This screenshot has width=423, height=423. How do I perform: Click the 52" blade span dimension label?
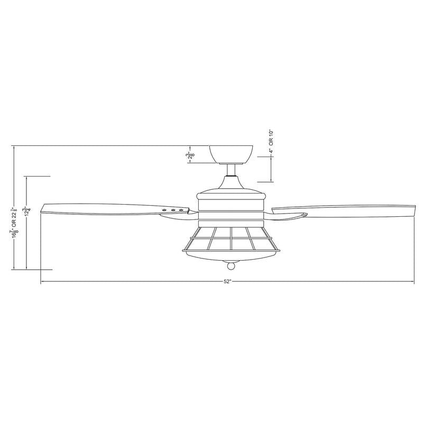coord(228,282)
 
